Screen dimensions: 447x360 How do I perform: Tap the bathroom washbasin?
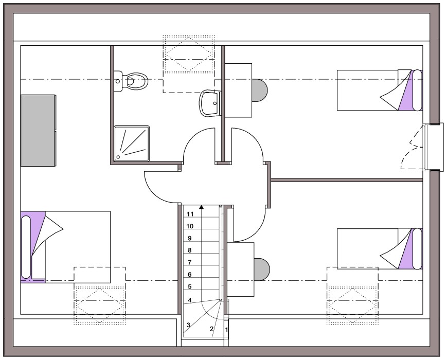pos(210,103)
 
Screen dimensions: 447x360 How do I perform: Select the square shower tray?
pos(132,143)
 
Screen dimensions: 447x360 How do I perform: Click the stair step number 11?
pos(190,214)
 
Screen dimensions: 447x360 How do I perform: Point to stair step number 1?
pos(227,330)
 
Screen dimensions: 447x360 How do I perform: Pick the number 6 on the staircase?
pos(190,275)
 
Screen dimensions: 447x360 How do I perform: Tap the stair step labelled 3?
pos(188,325)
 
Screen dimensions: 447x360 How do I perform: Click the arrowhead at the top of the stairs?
pos(202,207)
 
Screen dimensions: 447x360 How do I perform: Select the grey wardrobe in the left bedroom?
pos(38,131)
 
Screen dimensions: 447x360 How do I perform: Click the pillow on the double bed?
pos(26,247)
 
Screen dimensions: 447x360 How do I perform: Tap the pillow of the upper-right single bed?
pos(417,90)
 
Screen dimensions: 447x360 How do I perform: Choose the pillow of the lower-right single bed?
pos(417,248)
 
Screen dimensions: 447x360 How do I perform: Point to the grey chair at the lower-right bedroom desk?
pos(261,269)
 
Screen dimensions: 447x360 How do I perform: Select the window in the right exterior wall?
pos(433,147)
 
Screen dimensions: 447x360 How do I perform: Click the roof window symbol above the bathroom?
pos(188,54)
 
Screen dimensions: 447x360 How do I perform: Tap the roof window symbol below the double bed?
pos(100,305)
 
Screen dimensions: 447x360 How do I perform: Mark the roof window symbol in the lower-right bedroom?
pos(353,305)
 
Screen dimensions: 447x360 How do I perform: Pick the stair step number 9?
pos(190,238)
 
